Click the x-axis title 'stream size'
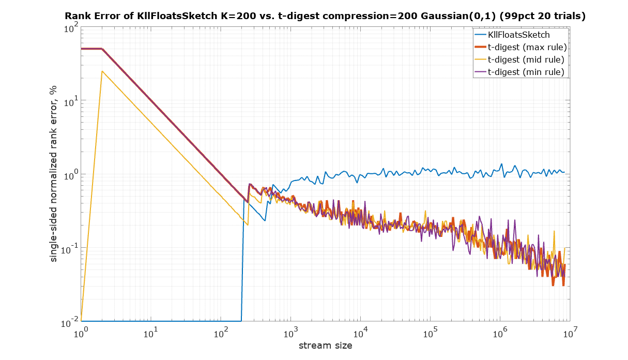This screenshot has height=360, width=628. pyautogui.click(x=326, y=346)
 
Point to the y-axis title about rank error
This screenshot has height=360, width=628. pyautogui.click(x=53, y=174)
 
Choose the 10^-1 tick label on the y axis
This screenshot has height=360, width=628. pyautogui.click(x=69, y=249)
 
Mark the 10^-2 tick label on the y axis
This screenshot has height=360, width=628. pyautogui.click(x=69, y=323)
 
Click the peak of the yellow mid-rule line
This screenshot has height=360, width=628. pyautogui.click(x=102, y=71)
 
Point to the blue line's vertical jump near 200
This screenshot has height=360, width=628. pyautogui.click(x=242, y=259)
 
